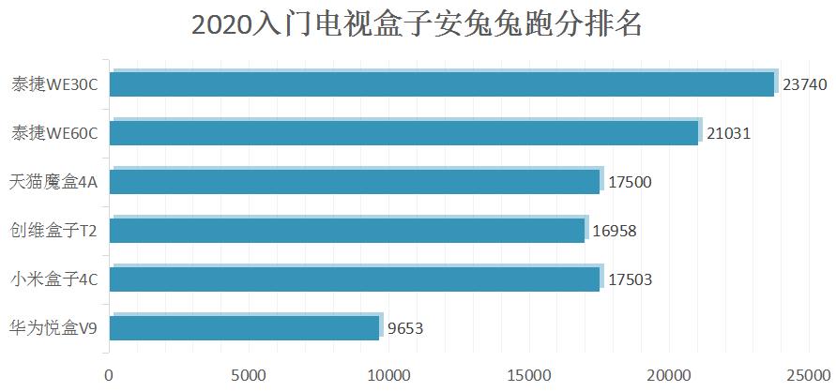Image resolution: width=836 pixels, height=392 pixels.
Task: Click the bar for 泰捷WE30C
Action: tap(441, 84)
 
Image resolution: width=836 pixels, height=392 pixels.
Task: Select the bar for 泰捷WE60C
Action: tap(403, 133)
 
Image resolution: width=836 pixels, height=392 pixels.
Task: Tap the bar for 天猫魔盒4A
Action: tap(354, 182)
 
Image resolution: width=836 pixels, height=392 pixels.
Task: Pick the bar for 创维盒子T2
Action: tap(347, 230)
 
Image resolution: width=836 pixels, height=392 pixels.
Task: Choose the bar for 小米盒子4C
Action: tap(354, 279)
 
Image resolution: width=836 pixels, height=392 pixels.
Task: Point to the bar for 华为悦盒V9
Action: tap(244, 327)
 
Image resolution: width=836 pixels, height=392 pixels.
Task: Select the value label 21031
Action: tap(728, 133)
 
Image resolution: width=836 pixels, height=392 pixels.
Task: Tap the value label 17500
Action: tap(630, 182)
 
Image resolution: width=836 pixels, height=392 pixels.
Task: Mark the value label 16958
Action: tap(616, 230)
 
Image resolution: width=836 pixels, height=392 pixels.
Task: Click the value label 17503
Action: tap(630, 279)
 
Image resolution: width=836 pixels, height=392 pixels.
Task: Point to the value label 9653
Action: tap(406, 328)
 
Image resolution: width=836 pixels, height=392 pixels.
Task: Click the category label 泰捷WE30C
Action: tap(54, 84)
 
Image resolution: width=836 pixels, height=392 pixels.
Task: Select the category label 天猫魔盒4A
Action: tap(53, 182)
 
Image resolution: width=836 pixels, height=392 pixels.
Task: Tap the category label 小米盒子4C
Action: tap(54, 279)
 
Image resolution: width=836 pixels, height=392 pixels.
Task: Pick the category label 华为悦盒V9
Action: tap(53, 327)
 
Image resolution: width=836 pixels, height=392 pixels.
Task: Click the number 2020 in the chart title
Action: tap(221, 25)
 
